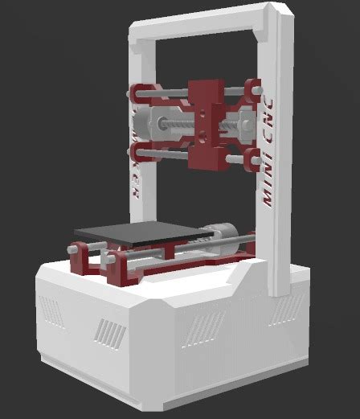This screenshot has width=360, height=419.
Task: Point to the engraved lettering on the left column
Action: click(x=136, y=177)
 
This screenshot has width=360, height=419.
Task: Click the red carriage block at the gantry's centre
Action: click(x=206, y=121)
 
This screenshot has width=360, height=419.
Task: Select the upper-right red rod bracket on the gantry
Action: click(x=252, y=90)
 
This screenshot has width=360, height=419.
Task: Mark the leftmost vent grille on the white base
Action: click(x=50, y=310)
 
